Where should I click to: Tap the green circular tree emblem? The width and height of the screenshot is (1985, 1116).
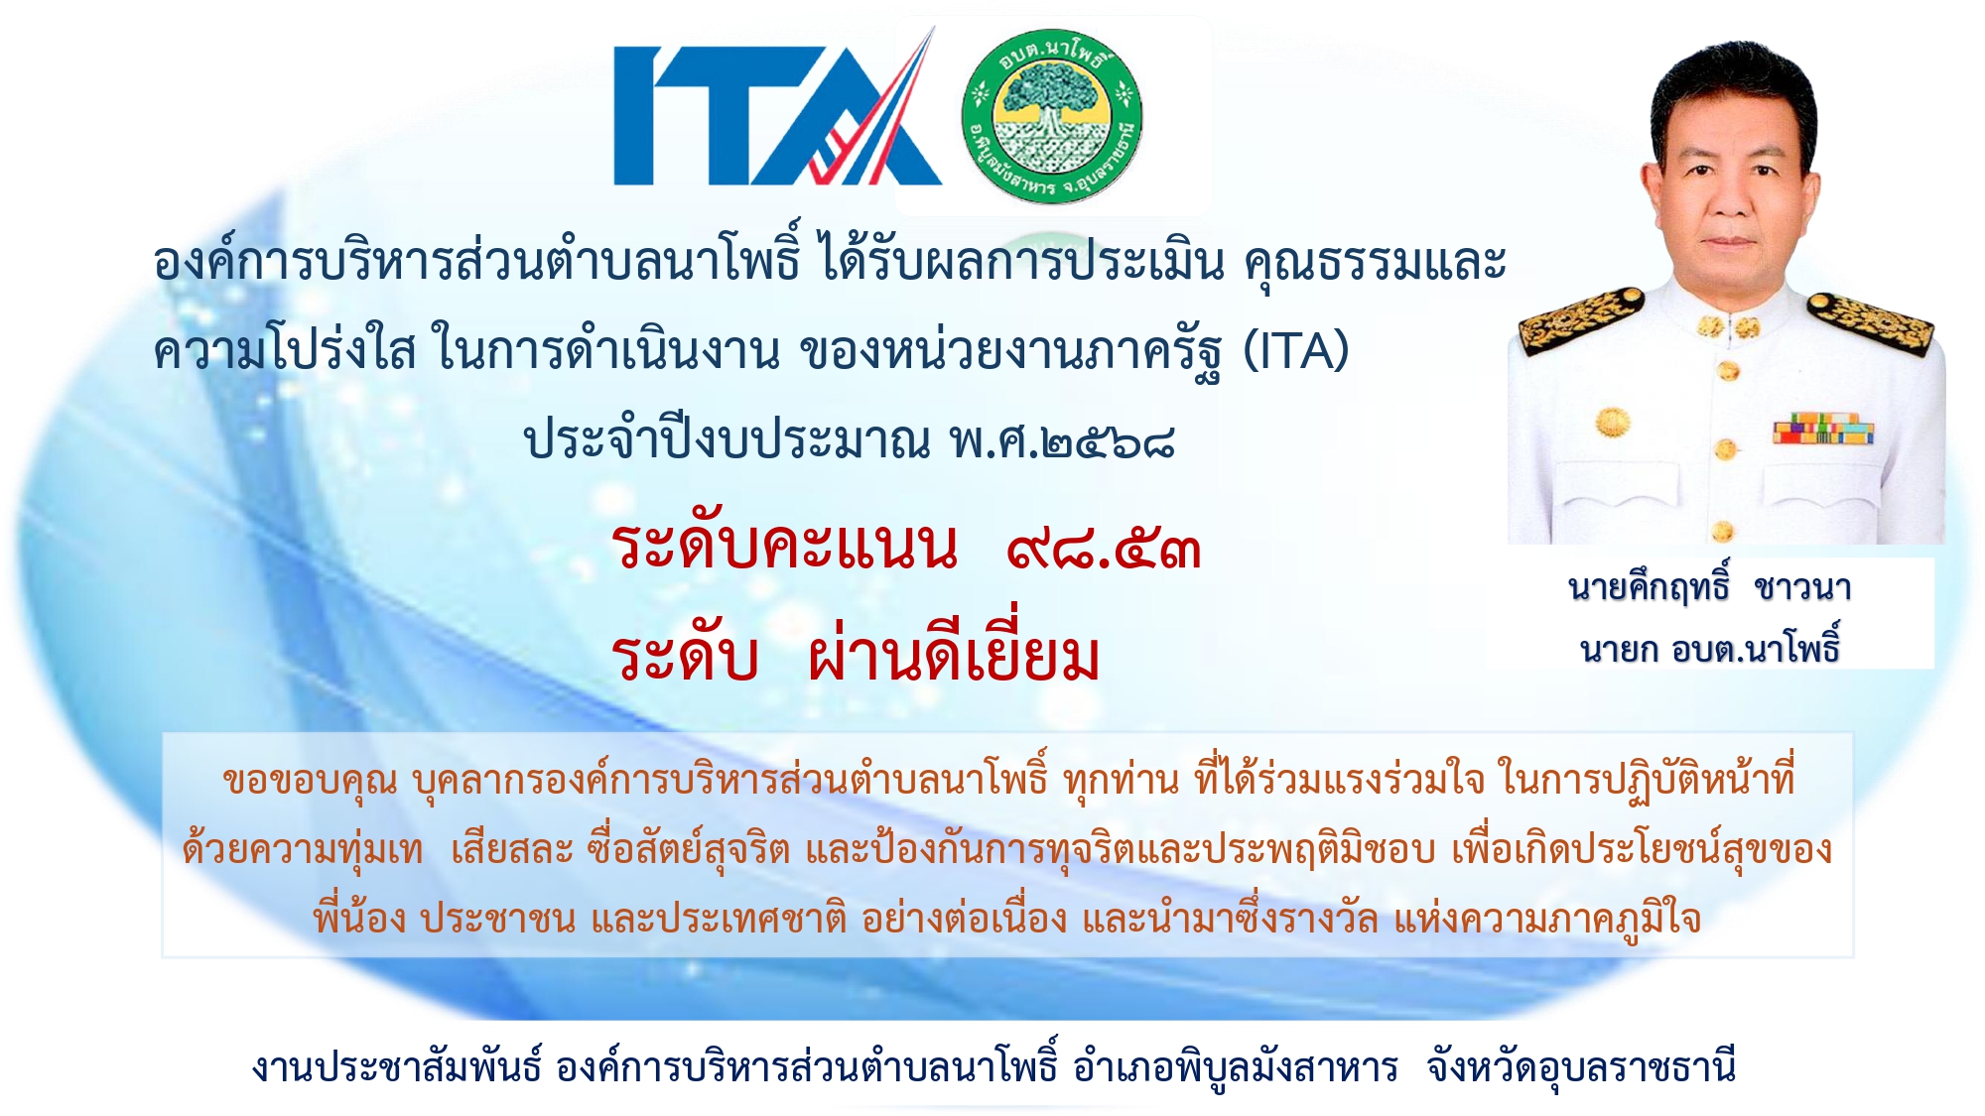pyautogui.click(x=1052, y=115)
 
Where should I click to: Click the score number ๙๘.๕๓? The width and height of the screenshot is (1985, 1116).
pyautogui.click(x=1104, y=548)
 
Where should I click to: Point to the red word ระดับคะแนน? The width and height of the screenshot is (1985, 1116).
pyautogui.click(x=785, y=547)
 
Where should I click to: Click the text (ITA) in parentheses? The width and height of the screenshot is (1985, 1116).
pyautogui.click(x=1296, y=349)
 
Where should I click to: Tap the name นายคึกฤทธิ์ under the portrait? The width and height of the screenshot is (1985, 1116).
pyautogui.click(x=1649, y=585)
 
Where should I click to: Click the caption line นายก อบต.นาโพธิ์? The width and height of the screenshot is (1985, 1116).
pyautogui.click(x=1710, y=646)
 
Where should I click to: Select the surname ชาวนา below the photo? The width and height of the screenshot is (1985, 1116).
pyautogui.click(x=1802, y=588)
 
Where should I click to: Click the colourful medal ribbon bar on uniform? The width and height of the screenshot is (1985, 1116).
pyautogui.click(x=1823, y=429)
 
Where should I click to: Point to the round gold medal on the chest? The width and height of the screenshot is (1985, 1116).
pyautogui.click(x=1614, y=422)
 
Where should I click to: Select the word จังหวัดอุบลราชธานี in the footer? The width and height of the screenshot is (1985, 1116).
pyautogui.click(x=1581, y=1067)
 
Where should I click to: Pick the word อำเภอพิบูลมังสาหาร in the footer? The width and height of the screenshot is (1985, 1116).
pyautogui.click(x=1236, y=1066)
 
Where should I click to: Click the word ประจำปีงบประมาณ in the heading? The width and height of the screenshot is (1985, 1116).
pyautogui.click(x=728, y=439)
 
